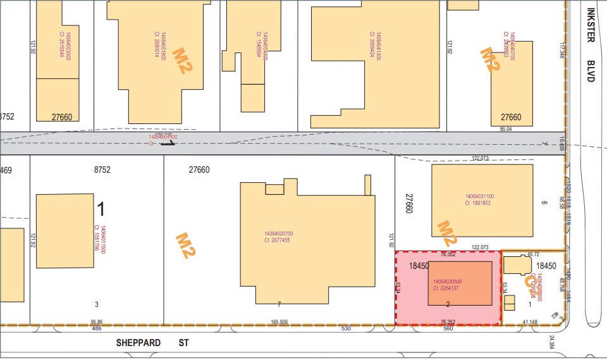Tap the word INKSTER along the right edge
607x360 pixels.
pos(591,25)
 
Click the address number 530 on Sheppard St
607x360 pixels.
pos(346,329)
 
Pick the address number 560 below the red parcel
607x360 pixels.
pos(448,329)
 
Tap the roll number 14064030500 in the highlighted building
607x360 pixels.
pos(448,282)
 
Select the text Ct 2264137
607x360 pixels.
pos(445,289)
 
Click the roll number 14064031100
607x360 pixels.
pos(479,196)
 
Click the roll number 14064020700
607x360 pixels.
pos(278,234)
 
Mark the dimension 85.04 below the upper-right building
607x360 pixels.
pos(506,128)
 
